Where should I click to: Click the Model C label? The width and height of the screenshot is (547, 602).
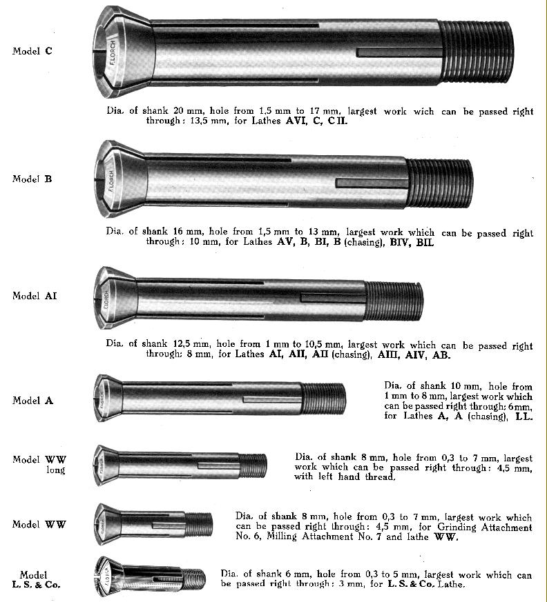point(32,51)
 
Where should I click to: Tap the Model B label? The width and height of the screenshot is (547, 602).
point(32,179)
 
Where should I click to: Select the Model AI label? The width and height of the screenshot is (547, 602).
point(35,296)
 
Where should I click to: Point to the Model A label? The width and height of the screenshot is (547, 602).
point(32,401)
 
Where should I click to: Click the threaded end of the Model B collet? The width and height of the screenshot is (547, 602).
point(439,183)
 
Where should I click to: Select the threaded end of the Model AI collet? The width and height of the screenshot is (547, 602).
point(393,301)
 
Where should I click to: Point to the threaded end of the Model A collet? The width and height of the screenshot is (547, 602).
point(323,399)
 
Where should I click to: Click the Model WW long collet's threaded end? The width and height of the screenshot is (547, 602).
point(253,465)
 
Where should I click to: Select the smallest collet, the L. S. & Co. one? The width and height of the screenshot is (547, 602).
point(149,576)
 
